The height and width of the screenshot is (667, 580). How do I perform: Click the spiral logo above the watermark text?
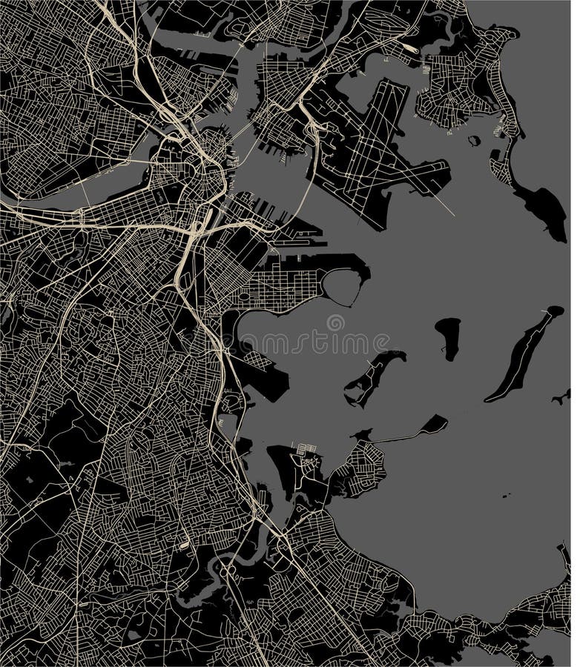point(335,323)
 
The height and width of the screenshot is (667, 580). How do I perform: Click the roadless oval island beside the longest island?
point(448,337)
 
